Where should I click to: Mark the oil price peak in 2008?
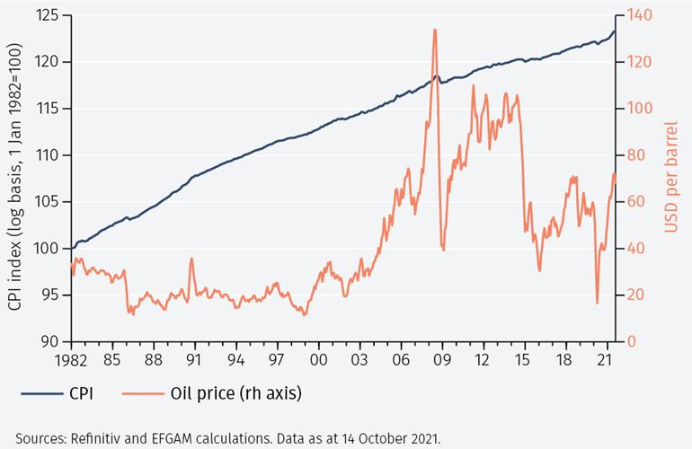tap(435, 30)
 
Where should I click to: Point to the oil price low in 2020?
tap(597, 303)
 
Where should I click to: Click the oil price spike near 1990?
tap(191, 259)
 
